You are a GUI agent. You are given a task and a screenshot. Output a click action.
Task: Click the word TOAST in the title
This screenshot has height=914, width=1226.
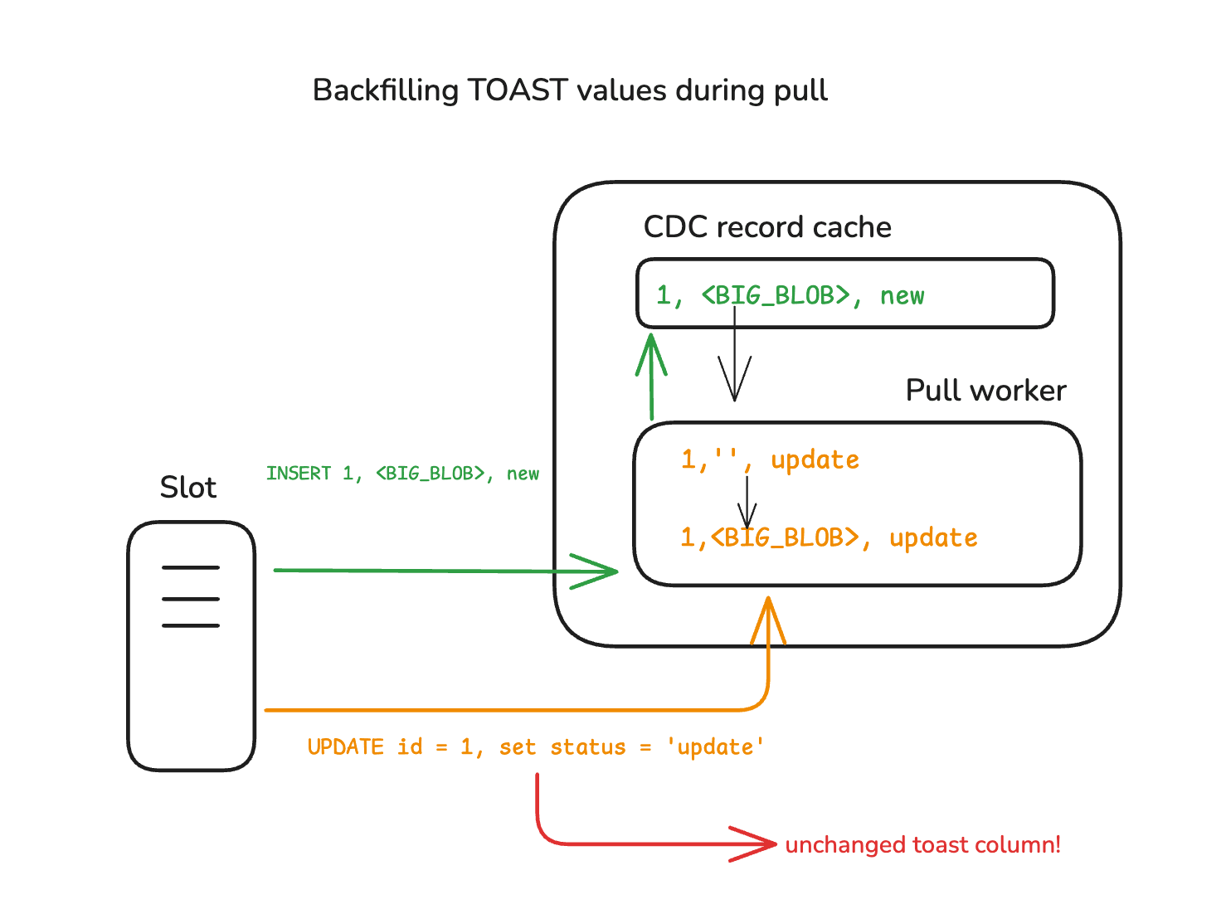pyautogui.click(x=518, y=90)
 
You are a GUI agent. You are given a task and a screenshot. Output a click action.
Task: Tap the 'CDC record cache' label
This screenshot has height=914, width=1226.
pyautogui.click(x=767, y=227)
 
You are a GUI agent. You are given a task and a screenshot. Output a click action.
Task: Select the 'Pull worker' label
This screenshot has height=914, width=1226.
pyautogui.click(x=985, y=391)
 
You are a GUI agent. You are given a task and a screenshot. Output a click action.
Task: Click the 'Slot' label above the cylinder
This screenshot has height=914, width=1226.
pyautogui.click(x=188, y=488)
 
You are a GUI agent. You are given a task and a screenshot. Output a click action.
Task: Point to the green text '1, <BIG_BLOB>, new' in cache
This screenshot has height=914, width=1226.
pyautogui.click(x=790, y=295)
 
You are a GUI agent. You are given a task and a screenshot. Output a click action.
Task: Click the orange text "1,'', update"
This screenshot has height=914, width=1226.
pyautogui.click(x=770, y=459)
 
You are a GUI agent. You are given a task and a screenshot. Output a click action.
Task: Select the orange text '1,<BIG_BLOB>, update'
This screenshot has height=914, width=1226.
pyautogui.click(x=829, y=537)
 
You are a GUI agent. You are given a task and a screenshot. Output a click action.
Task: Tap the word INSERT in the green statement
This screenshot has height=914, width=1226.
pyautogui.click(x=299, y=474)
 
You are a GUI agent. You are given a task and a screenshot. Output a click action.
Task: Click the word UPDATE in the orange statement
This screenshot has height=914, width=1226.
pyautogui.click(x=345, y=747)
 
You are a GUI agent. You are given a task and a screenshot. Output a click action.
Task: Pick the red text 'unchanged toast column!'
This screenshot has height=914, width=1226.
pyautogui.click(x=922, y=845)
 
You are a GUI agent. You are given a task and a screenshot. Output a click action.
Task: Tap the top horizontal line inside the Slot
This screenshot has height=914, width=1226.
pyautogui.click(x=191, y=568)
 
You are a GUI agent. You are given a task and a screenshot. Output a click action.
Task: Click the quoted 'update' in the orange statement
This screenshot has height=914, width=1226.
pyautogui.click(x=715, y=747)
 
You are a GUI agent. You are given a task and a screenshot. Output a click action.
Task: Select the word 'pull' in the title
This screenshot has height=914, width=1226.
pyautogui.click(x=800, y=90)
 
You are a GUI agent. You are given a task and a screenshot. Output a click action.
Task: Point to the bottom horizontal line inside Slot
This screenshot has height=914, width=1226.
pyautogui.click(x=191, y=625)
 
